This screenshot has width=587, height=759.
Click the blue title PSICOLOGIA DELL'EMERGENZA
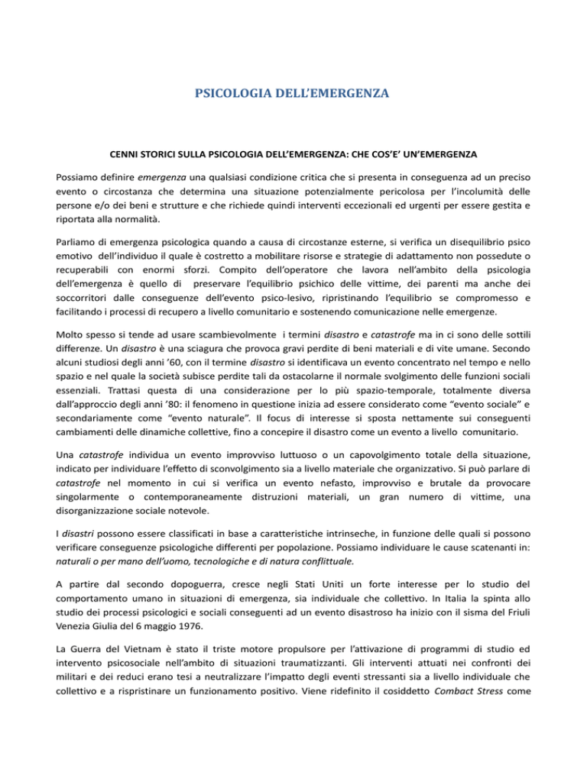(293, 96)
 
